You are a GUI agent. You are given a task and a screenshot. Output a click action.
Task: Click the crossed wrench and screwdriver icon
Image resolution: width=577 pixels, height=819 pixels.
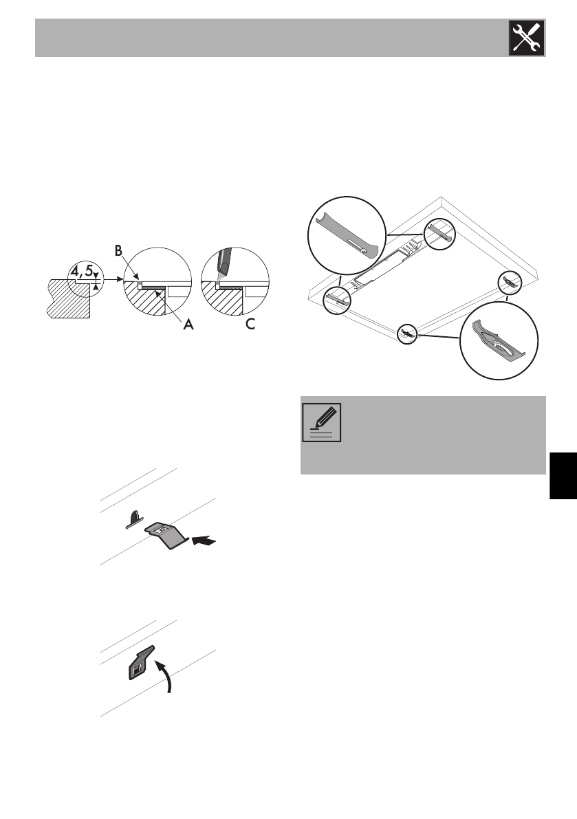pyautogui.click(x=527, y=38)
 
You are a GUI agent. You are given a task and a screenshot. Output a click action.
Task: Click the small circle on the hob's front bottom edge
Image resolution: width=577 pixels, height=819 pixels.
pyautogui.click(x=409, y=334)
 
